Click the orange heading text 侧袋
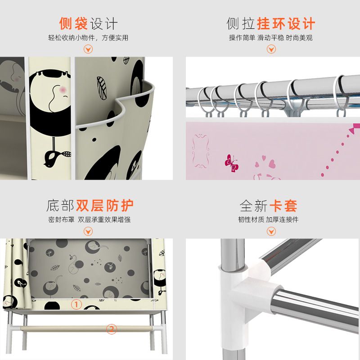click(73, 23)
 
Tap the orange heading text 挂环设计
click(286, 23)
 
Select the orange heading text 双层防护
click(105, 205)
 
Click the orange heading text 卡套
click(283, 206)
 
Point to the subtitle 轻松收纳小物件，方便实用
click(88, 38)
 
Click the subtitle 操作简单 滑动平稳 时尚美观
click(271, 38)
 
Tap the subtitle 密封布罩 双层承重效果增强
click(89, 220)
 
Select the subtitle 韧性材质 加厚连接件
click(268, 220)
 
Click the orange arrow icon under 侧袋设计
click(88, 49)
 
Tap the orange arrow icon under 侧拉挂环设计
click(271, 49)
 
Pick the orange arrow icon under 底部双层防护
click(88, 231)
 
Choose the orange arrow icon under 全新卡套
click(271, 231)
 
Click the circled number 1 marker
click(76, 305)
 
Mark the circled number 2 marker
click(111, 329)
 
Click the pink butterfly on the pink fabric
click(231, 163)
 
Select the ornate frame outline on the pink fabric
click(200, 151)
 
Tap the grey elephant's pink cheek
click(17, 79)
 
